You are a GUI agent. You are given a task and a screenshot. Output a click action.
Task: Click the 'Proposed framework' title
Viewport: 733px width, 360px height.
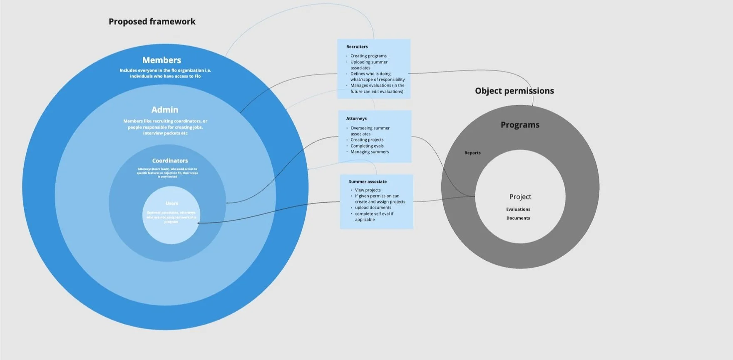click(152, 22)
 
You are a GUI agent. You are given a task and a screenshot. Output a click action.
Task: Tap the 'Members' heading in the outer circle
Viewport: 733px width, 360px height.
click(162, 60)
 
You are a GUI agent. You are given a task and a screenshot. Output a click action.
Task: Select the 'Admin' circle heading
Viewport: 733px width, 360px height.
click(165, 110)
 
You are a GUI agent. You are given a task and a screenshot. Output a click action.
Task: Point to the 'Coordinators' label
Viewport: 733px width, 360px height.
click(170, 161)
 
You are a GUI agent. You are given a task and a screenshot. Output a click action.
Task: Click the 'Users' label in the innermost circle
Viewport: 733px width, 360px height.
click(171, 204)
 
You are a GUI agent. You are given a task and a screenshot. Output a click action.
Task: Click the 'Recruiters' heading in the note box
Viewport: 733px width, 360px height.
click(357, 47)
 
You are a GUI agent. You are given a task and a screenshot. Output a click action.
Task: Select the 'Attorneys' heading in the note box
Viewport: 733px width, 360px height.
click(356, 119)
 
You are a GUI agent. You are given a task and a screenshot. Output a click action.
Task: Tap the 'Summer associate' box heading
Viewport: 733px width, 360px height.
click(368, 181)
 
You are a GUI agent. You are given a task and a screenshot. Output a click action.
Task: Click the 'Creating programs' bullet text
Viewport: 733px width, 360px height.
click(368, 56)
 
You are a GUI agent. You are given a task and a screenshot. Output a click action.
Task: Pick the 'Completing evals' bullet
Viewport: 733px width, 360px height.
click(367, 146)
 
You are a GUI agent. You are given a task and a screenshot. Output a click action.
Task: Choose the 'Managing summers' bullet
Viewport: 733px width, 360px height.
click(370, 152)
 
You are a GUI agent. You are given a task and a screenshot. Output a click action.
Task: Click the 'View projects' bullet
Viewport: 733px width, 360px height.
click(368, 190)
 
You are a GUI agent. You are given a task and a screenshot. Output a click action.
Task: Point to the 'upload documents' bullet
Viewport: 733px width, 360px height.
click(373, 208)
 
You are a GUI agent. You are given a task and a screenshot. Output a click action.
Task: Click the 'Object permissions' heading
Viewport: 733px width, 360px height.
click(514, 91)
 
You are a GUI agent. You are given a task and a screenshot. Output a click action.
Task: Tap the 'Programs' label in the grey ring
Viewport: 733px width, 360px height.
click(520, 125)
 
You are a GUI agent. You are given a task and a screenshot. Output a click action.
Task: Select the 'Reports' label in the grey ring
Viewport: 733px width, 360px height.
click(472, 153)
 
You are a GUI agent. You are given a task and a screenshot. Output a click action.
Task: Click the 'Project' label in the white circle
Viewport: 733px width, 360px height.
click(520, 197)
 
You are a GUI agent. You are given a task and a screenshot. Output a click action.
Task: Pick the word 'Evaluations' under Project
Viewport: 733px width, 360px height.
click(518, 209)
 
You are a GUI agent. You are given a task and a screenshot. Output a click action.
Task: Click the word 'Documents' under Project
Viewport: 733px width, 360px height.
click(518, 218)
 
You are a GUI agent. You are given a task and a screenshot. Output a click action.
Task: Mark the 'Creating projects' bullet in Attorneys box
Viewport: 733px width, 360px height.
click(367, 140)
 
